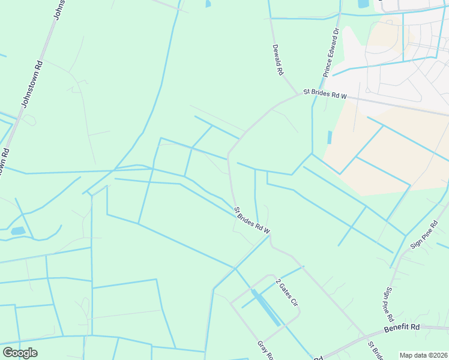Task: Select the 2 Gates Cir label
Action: point(287,292)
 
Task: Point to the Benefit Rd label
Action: point(402,327)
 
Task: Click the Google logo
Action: point(20,353)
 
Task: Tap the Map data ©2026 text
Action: point(423,355)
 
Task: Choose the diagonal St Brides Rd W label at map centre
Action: point(252,220)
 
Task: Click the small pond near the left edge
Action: point(18,231)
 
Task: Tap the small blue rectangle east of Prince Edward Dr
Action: point(330,137)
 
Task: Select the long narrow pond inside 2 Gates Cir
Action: point(265,307)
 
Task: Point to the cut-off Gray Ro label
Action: point(265,351)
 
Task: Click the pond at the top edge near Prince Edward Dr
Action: point(363,4)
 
